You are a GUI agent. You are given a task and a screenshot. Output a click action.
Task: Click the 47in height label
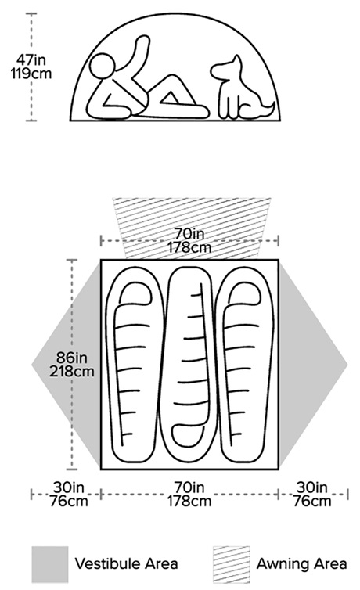click(x=31, y=59)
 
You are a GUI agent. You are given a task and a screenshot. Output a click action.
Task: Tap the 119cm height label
click(x=31, y=74)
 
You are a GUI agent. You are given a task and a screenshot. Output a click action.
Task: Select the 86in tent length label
click(x=71, y=357)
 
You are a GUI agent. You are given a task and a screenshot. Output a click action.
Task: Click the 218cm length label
click(x=72, y=372)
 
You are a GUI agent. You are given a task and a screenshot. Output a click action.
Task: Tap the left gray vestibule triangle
click(x=66, y=364)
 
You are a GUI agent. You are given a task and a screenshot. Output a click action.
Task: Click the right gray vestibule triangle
click(x=313, y=364)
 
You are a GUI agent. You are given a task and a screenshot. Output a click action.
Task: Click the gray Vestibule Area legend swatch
click(x=49, y=564)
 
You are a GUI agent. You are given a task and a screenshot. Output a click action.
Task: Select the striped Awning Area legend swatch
click(x=231, y=564)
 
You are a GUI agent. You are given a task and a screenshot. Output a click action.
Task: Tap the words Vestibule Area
click(x=126, y=563)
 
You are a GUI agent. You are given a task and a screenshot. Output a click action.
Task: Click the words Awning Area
click(x=301, y=563)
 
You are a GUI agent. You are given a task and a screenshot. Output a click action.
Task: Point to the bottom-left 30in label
click(x=68, y=487)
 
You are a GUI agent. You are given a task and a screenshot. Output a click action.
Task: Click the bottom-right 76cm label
click(x=312, y=502)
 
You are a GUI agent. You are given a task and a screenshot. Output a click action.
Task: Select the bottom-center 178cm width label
click(x=189, y=502)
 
